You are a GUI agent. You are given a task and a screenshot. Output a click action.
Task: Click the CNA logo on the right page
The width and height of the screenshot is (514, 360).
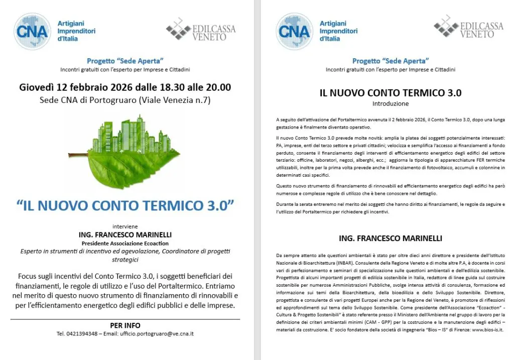pyautogui.click(x=294, y=31)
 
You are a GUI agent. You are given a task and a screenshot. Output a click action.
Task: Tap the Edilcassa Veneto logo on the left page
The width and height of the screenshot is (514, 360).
pyautogui.click(x=201, y=30)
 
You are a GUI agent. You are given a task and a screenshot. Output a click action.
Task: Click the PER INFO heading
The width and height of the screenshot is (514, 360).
pyautogui.click(x=125, y=325)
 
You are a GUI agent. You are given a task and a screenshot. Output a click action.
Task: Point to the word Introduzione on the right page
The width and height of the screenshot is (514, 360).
pyautogui.click(x=391, y=104)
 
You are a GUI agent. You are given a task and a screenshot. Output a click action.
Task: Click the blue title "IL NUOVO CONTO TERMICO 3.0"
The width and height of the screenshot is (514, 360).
pyautogui.click(x=125, y=206)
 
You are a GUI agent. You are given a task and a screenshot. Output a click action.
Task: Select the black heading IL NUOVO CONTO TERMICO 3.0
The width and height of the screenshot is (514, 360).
pyautogui.click(x=391, y=93)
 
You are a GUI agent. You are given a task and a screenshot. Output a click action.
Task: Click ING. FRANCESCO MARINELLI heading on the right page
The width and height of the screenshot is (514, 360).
pyautogui.click(x=391, y=238)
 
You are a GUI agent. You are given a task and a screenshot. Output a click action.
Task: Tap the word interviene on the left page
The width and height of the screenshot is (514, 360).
pyautogui.click(x=125, y=226)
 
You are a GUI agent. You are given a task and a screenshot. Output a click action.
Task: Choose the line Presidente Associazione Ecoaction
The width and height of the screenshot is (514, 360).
pyautogui.click(x=125, y=243)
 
